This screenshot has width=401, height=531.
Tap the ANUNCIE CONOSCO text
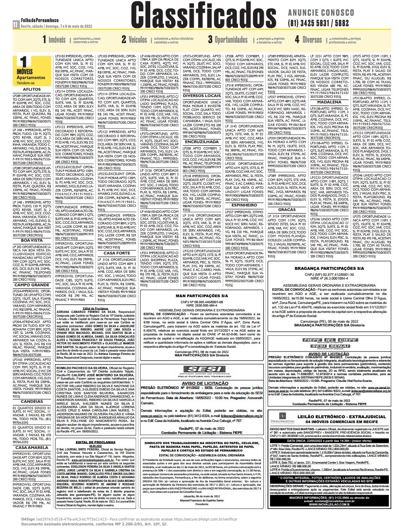click(x=321, y=13)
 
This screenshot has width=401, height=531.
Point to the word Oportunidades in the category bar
click(x=231, y=39)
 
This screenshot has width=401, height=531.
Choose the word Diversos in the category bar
click(x=312, y=39)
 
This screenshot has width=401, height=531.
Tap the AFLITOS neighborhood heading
click(x=32, y=90)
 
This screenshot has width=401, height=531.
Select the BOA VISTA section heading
click(x=32, y=240)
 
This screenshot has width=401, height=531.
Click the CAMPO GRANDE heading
click(x=32, y=285)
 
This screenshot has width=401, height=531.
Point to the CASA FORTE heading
click(x=117, y=253)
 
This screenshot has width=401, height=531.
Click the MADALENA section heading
click(x=329, y=102)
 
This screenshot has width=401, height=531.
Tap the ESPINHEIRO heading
click(x=244, y=205)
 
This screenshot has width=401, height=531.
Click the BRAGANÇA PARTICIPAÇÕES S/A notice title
click(x=329, y=269)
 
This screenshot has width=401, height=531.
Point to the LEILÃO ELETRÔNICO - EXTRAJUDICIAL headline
click(x=341, y=417)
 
